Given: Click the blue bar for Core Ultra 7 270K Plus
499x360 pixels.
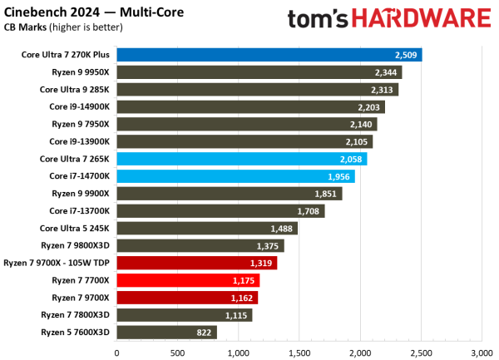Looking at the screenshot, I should (x=269, y=55).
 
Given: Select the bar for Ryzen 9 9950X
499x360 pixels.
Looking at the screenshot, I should (x=259, y=72).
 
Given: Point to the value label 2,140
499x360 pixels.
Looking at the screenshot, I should (x=360, y=124).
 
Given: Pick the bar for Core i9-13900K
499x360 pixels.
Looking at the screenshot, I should (x=245, y=141).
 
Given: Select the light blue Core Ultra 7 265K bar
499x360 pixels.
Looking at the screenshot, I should (x=241, y=159).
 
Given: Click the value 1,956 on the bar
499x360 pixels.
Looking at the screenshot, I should (x=338, y=176).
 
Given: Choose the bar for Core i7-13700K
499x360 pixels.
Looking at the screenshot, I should (x=220, y=211).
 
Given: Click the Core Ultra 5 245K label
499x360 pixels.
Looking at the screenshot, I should (x=75, y=228).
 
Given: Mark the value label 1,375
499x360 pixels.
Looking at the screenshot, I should (x=268, y=245).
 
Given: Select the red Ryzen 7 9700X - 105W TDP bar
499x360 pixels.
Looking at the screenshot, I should (x=196, y=263).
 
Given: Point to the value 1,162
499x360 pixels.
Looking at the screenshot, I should (x=242, y=298).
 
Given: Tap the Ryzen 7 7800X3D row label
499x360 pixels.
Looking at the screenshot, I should (x=81, y=315).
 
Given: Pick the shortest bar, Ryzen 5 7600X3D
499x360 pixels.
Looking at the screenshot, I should (x=166, y=333).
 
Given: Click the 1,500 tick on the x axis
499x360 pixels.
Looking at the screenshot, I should (x=299, y=352).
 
